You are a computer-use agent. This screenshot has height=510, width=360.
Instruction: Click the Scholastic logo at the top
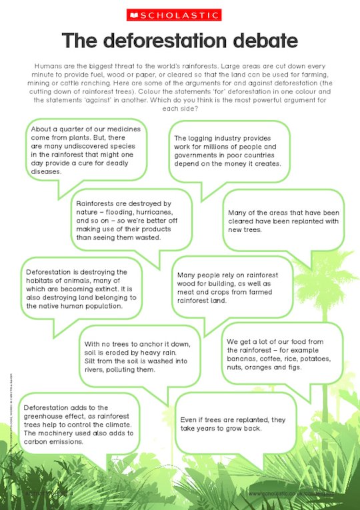point(179,15)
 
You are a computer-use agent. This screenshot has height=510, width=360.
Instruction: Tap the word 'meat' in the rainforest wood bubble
point(187,291)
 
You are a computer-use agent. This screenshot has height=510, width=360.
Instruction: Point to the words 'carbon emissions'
point(54,441)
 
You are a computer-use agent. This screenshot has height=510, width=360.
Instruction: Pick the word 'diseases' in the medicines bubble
point(45,171)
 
